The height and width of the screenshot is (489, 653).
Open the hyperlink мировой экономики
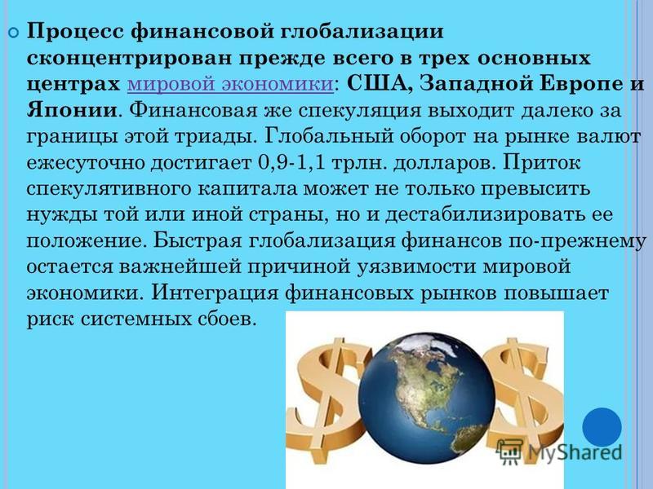click(x=230, y=84)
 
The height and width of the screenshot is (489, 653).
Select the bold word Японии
click(x=72, y=110)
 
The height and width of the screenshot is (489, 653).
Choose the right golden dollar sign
click(x=526, y=395)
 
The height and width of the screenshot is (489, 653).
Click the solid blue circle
click(x=602, y=427)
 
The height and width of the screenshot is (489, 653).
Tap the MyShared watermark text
click(x=574, y=452)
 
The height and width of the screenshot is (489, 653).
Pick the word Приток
click(x=541, y=162)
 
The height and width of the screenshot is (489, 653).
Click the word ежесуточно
click(x=87, y=162)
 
